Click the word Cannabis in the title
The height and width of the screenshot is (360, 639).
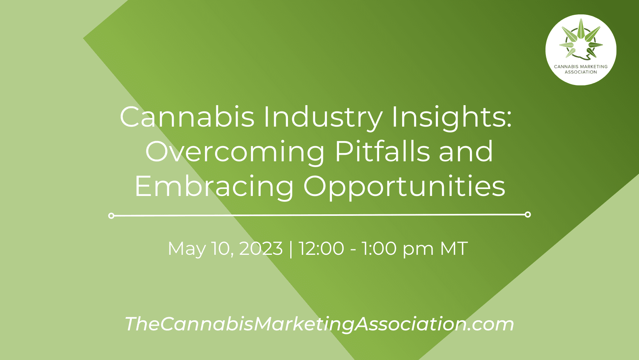187,116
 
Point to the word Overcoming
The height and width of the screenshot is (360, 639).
235,153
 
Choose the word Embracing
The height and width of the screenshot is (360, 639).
214,187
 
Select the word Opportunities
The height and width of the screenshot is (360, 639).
404,187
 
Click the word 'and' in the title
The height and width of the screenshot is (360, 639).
466,151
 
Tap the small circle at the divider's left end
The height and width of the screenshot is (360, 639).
111,216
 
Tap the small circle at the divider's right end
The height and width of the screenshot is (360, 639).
528,215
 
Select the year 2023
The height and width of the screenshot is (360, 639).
261,249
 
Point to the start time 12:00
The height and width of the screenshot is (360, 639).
321,249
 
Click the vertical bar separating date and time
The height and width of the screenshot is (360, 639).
291,249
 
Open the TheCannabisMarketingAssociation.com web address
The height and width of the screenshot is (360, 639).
319,324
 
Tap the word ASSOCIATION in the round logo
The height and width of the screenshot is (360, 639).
581,72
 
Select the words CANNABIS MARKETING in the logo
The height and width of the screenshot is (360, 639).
581,67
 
